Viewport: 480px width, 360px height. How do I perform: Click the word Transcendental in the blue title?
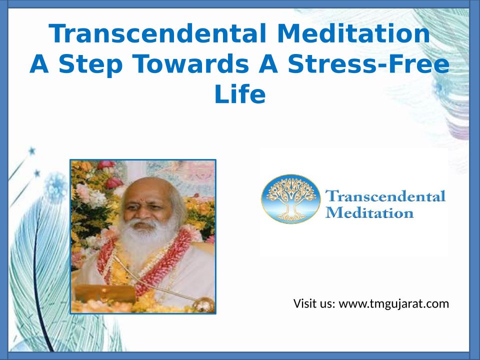(157, 33)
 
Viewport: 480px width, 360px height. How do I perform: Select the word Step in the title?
(90, 64)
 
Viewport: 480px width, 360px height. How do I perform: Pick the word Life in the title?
(239, 94)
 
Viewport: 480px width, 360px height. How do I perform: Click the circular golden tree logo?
(291, 199)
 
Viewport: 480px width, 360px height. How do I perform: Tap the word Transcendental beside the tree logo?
(385, 196)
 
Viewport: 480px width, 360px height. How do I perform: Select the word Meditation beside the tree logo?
(369, 212)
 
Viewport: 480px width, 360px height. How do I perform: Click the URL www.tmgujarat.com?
(393, 304)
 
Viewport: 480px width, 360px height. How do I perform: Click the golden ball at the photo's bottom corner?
(204, 304)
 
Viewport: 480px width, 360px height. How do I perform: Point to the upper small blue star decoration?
(32, 151)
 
